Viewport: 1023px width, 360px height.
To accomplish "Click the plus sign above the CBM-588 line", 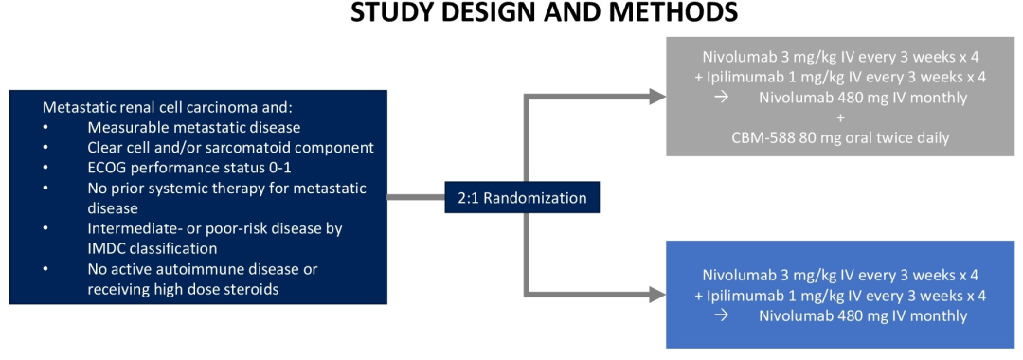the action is pos(839,118).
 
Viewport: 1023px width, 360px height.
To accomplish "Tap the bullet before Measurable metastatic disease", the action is pos(45,127).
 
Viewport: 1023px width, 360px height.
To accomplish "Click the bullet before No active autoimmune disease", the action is pos(45,269).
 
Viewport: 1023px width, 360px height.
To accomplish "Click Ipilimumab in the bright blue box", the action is pos(739,296).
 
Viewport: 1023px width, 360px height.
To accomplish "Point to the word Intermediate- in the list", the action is pos(129,229).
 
